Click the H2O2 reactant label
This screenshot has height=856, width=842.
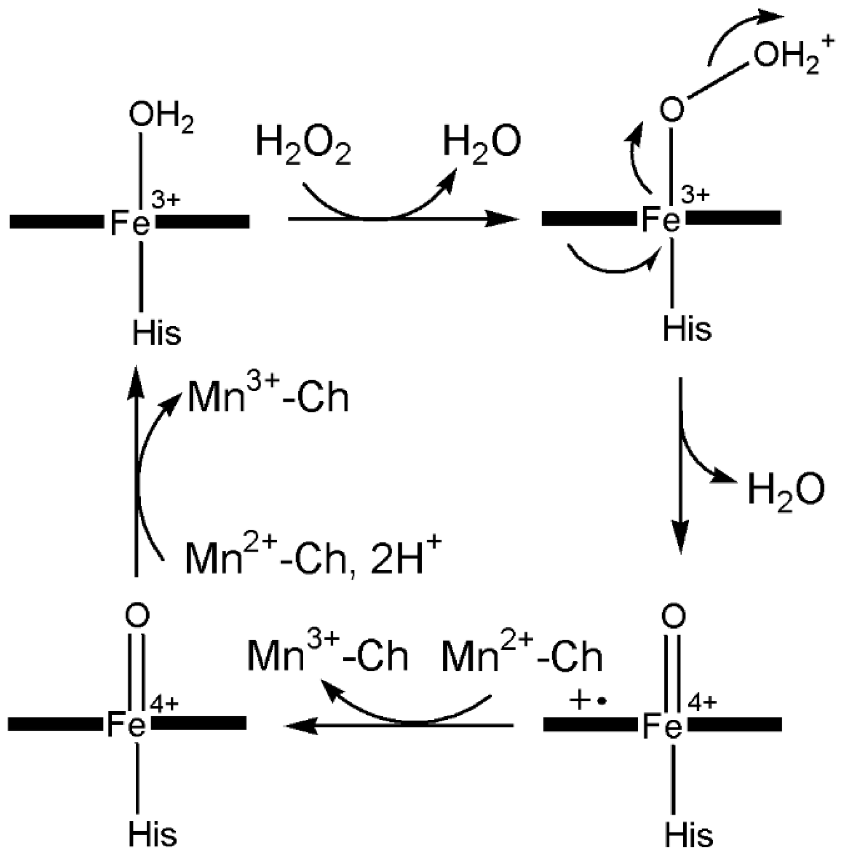(x=303, y=145)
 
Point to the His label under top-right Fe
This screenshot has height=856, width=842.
(x=686, y=329)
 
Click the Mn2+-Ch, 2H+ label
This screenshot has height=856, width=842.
(x=313, y=558)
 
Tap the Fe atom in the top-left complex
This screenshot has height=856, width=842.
(x=130, y=224)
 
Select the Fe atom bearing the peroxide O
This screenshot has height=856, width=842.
(x=661, y=220)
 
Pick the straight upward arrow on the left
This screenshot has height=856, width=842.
(x=136, y=469)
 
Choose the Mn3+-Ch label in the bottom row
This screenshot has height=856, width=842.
(x=328, y=655)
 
